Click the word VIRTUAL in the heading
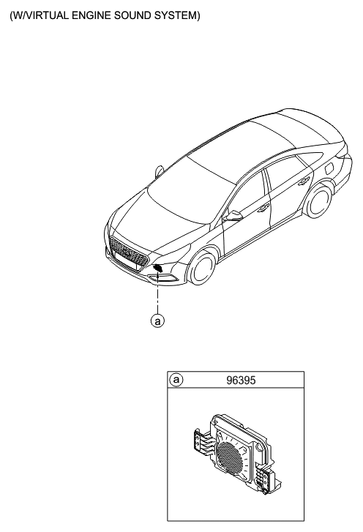click(47, 15)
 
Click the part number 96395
click(241, 381)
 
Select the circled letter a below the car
click(157, 321)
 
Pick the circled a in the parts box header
click(176, 380)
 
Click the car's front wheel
click(203, 267)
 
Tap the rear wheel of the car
click(318, 201)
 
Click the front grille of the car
click(130, 252)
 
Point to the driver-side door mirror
click(233, 216)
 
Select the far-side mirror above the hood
click(160, 171)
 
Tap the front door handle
click(263, 209)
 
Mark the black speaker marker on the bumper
click(158, 268)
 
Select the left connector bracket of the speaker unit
click(201, 441)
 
